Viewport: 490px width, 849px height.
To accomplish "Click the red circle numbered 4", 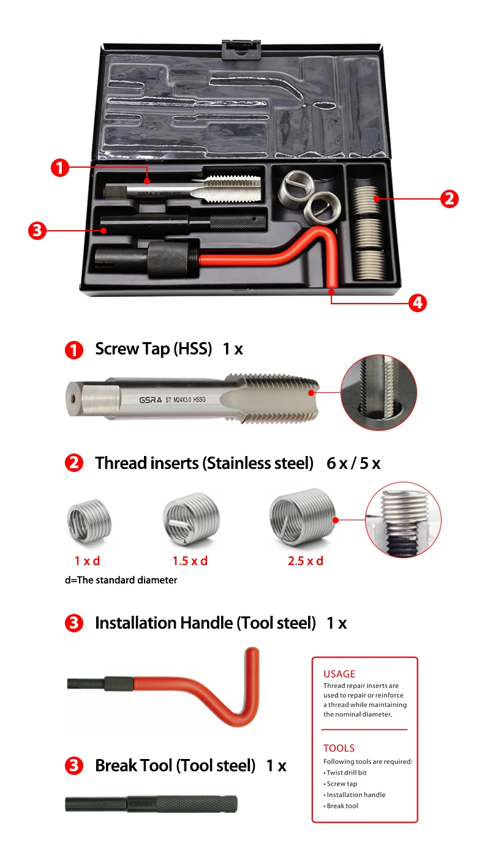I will [x=417, y=302].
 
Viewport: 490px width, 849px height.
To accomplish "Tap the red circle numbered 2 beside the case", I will [x=449, y=198].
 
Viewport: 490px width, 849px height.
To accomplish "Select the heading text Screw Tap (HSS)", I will [x=153, y=349].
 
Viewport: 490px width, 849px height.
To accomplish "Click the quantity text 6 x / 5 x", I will [x=353, y=463].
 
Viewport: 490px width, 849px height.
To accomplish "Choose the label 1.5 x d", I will [x=190, y=561].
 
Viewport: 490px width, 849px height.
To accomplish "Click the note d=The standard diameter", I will [x=121, y=580].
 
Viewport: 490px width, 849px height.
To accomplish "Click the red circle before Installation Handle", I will [x=73, y=624].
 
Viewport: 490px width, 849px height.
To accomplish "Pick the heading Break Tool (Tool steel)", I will [x=175, y=765].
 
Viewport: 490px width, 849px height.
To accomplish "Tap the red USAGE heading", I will [x=339, y=674].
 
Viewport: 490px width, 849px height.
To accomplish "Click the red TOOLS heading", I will [x=339, y=748].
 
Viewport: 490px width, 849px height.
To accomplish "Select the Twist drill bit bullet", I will [x=346, y=772].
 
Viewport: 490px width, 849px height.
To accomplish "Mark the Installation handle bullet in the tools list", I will [x=355, y=795].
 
